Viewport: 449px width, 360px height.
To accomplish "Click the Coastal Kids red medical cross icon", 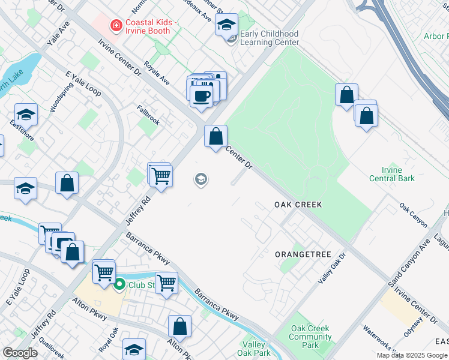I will [x=115, y=26].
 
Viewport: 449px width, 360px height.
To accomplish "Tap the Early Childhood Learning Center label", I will [x=269, y=38].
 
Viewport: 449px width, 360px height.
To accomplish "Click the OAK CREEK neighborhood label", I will [x=298, y=205].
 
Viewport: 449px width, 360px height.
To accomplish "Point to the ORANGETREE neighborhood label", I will [x=303, y=254].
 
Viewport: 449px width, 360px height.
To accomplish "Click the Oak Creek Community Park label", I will [x=310, y=337].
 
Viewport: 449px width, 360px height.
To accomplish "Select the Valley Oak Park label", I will [x=254, y=349].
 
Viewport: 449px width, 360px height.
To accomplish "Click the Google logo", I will [x=20, y=353].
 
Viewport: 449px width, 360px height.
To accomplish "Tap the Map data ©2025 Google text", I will [x=412, y=355].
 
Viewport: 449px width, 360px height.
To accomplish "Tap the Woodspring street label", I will [x=58, y=97].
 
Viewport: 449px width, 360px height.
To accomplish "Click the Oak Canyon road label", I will [x=413, y=215].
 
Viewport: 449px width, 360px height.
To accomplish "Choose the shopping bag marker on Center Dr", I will [x=215, y=136].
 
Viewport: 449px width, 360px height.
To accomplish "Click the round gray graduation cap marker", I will [x=200, y=179].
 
